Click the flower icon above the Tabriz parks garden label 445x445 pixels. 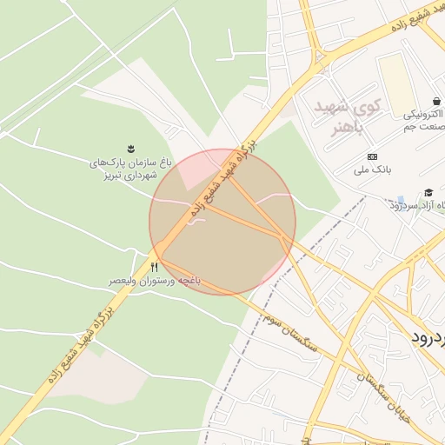pyautogui.click(x=130, y=147)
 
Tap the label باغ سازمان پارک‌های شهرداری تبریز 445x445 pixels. pyautogui.click(x=131, y=169)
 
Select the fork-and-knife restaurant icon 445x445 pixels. pyautogui.click(x=155, y=268)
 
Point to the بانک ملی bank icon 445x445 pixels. pyautogui.click(x=372, y=156)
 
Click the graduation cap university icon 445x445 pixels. pyautogui.click(x=428, y=193)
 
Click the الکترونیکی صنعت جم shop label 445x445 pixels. pyautogui.click(x=422, y=121)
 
